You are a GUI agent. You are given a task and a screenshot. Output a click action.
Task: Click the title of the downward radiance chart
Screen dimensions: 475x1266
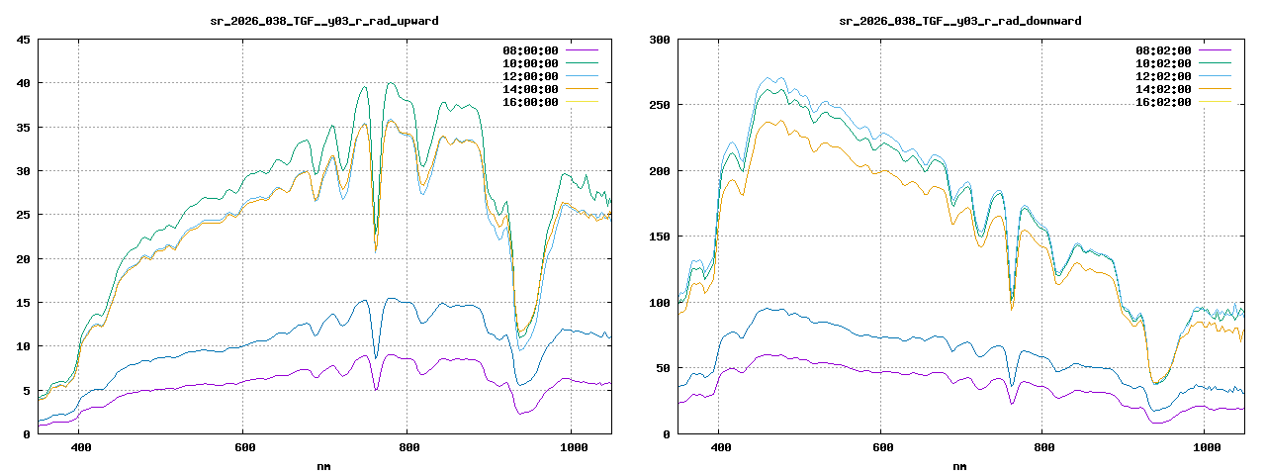point(959,21)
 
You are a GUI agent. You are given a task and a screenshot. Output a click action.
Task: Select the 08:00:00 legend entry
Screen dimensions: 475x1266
point(530,50)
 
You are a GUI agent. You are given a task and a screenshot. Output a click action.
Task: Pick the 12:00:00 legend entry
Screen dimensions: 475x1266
point(530,76)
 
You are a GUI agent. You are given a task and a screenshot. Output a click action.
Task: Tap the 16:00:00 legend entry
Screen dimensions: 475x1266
point(530,102)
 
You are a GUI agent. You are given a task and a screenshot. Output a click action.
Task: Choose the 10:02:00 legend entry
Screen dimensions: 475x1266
point(1165,63)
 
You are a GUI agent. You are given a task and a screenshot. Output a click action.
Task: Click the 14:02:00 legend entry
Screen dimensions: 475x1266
point(1165,89)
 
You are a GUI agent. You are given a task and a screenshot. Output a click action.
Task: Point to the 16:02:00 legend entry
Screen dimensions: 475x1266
point(1165,102)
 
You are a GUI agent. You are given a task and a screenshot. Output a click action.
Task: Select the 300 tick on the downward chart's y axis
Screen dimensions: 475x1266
point(660,40)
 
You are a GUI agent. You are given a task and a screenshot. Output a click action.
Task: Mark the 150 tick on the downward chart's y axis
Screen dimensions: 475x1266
point(660,237)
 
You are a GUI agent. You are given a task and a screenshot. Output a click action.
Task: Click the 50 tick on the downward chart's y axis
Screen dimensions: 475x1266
point(664,368)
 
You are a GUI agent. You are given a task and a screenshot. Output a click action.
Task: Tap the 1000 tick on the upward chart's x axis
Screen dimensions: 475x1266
point(571,447)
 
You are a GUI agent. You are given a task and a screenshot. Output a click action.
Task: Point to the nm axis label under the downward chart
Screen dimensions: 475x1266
point(959,465)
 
